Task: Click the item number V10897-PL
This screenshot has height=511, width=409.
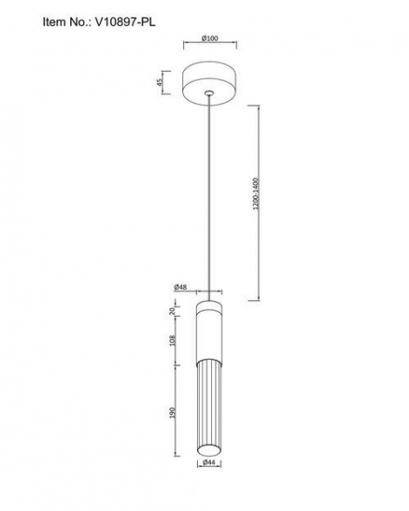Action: click(125, 22)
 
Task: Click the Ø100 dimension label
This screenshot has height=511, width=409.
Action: click(210, 38)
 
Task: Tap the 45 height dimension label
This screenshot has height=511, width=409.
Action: click(160, 82)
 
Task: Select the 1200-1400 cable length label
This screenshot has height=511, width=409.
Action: click(256, 193)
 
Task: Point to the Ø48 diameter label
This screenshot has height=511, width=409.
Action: click(181, 287)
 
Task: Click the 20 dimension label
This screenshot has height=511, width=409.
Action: click(173, 311)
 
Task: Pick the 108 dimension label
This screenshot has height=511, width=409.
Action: click(173, 341)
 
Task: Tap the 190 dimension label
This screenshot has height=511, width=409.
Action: click(173, 413)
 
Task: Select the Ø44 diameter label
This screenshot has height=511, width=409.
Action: click(209, 462)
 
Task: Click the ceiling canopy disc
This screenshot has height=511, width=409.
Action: click(210, 82)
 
